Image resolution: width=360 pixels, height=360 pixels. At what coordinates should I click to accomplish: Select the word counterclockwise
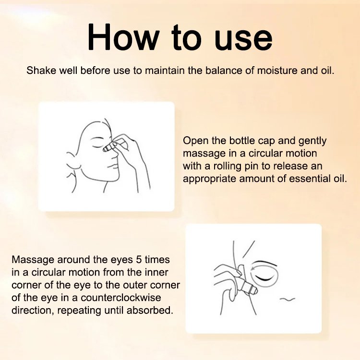click(121, 298)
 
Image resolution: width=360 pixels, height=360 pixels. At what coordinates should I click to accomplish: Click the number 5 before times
click(139, 260)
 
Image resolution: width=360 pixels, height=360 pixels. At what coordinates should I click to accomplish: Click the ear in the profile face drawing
click(72, 164)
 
